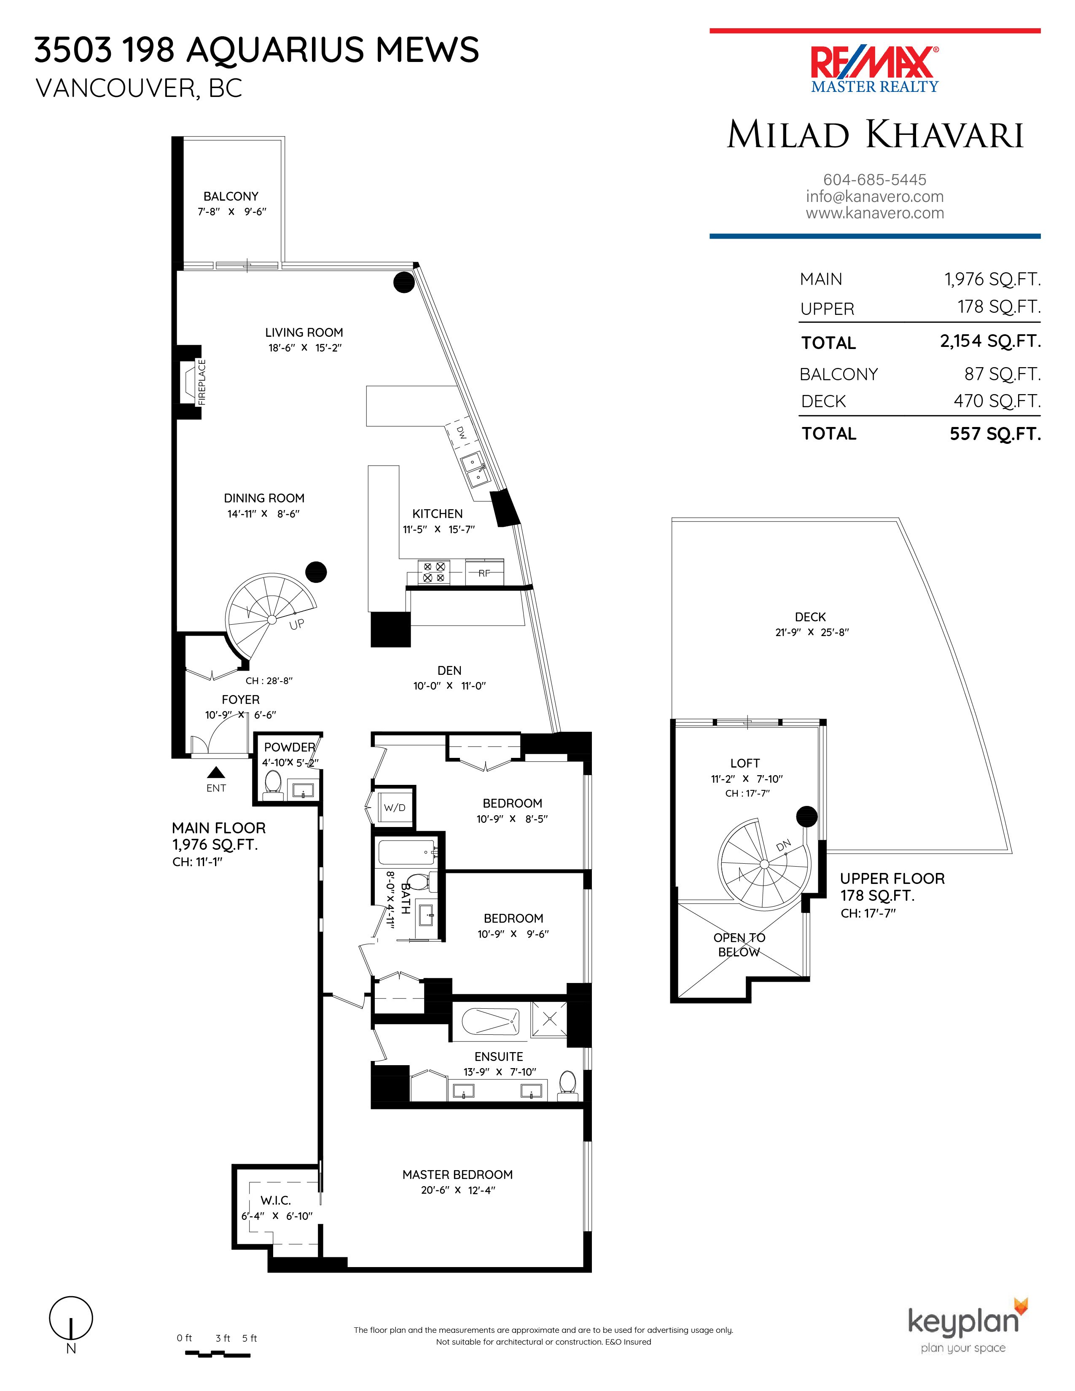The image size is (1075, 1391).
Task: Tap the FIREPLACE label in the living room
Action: (x=202, y=382)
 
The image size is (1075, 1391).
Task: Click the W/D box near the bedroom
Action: (x=394, y=808)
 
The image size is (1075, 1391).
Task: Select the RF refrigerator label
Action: (x=484, y=573)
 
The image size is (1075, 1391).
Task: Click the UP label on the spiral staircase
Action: (x=297, y=625)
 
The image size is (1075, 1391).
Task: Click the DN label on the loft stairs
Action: (x=783, y=845)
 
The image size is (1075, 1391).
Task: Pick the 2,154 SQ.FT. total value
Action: (x=990, y=341)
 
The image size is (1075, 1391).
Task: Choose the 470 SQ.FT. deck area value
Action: (x=997, y=401)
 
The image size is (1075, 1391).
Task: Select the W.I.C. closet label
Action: (x=276, y=1200)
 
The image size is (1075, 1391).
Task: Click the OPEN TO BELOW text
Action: (x=739, y=945)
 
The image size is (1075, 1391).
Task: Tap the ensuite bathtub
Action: (x=490, y=1022)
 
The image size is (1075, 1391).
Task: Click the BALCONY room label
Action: (x=231, y=196)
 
